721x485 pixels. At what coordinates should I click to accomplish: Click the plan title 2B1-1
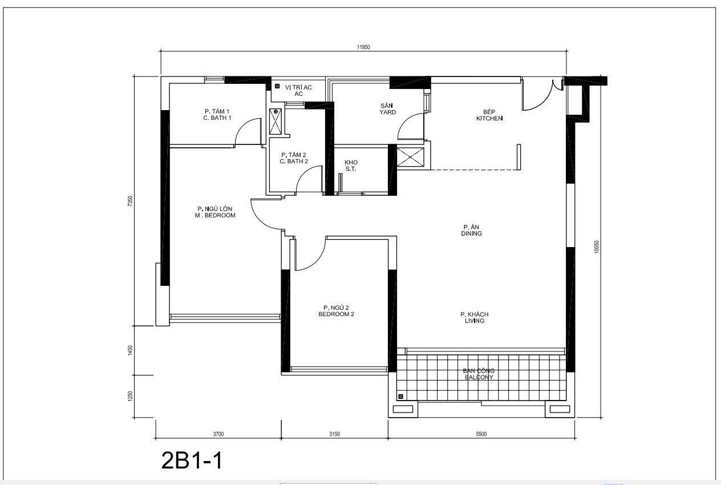point(192,460)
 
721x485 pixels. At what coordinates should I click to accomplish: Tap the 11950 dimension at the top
point(363,47)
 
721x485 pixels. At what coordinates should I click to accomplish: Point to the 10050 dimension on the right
point(597,246)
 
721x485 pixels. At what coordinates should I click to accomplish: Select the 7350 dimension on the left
point(130,201)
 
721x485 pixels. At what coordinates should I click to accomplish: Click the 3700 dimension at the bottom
point(218,434)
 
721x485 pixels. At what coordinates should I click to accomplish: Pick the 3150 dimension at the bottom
point(334,434)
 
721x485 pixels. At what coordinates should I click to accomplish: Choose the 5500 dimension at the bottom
point(481,434)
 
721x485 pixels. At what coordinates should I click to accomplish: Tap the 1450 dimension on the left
point(130,350)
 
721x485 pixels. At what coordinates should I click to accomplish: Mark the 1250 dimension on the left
point(130,396)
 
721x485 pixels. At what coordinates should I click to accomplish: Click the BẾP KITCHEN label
point(489,115)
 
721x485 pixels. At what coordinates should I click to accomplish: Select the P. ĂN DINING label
point(472,230)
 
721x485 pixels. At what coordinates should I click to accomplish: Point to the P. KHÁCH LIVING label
point(474,317)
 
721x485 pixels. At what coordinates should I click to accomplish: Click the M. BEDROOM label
point(214,212)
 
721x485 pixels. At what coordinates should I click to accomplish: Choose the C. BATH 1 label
point(217,114)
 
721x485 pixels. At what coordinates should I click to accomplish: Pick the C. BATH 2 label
point(294,158)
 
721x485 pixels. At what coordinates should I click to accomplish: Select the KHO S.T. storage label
point(351,165)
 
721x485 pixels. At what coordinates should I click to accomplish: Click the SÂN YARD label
point(388,109)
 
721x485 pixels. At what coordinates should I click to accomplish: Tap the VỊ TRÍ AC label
point(298,90)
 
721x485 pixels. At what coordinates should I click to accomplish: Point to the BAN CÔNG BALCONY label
point(478,374)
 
